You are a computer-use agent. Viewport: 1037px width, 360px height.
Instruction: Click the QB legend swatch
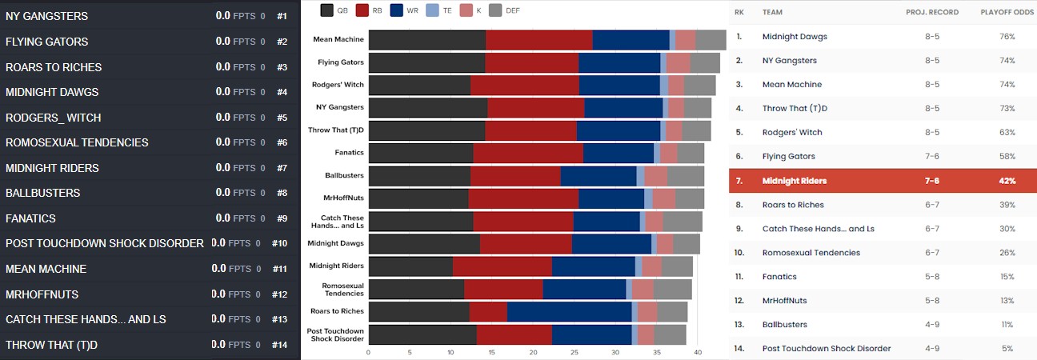(x=326, y=10)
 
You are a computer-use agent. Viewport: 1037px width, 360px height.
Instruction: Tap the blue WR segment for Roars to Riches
(x=569, y=311)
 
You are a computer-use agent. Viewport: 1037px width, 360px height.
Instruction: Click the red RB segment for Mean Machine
(x=539, y=39)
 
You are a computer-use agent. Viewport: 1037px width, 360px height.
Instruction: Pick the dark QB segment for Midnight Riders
(x=410, y=266)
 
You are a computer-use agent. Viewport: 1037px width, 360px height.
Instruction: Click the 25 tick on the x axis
(x=574, y=351)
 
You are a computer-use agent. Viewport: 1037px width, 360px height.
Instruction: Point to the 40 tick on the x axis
(x=698, y=351)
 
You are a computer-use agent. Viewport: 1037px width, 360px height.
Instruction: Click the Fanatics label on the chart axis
(x=349, y=152)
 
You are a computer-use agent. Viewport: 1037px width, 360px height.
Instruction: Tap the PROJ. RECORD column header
(x=931, y=13)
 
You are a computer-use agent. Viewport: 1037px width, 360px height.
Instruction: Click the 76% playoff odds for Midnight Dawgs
(x=1007, y=37)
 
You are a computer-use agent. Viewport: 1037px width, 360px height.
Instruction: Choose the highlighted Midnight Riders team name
(x=794, y=181)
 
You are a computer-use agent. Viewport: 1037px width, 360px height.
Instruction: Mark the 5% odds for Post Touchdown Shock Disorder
(x=1007, y=348)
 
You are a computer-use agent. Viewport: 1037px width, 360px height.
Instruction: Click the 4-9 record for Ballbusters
(x=931, y=324)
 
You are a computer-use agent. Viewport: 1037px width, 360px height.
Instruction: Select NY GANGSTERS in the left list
(x=46, y=16)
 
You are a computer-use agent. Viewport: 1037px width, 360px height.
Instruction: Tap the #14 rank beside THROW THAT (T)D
(x=278, y=345)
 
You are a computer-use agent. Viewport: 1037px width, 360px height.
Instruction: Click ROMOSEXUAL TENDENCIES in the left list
(x=77, y=142)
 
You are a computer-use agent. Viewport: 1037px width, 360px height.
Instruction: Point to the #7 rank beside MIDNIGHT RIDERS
(x=281, y=168)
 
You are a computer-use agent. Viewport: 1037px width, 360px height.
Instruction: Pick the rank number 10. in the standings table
(x=740, y=253)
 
